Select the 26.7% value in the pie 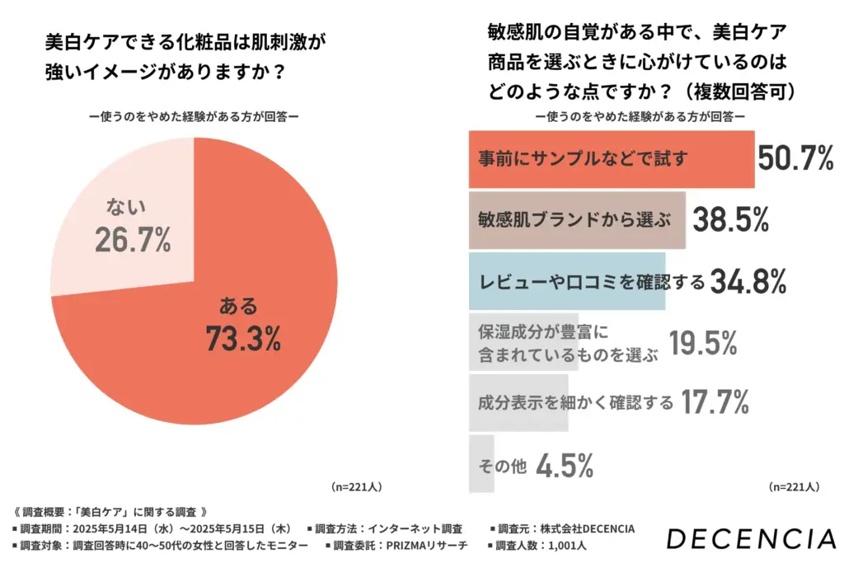[133, 239]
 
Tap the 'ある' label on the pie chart [237, 306]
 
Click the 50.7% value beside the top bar [795, 158]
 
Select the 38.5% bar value [730, 220]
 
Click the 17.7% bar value [714, 403]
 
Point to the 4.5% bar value [565, 466]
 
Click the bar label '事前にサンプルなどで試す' [583, 159]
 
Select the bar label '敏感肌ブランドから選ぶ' [574, 221]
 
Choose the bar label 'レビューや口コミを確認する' [592, 283]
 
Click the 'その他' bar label [502, 467]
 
